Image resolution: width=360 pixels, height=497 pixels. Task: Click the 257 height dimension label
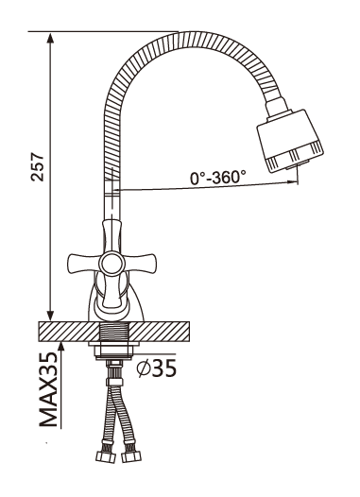click(38, 166)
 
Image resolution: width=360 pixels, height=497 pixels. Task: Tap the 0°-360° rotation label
click(218, 178)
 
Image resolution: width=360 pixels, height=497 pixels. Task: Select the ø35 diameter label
click(156, 368)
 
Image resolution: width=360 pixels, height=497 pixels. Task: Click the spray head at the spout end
click(290, 141)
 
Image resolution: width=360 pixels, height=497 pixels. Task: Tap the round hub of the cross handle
click(111, 264)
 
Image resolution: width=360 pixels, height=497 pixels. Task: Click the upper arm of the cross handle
click(111, 236)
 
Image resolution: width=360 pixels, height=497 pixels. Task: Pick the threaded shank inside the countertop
click(114, 332)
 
